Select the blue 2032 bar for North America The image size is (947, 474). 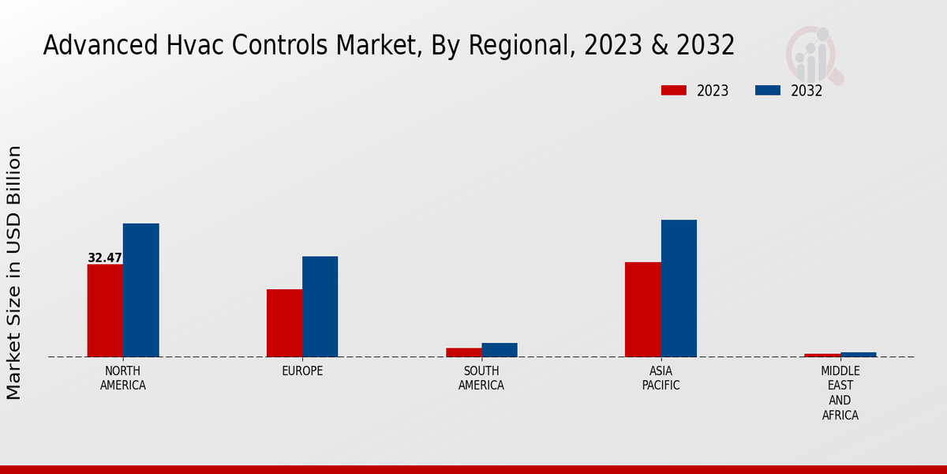click(140, 290)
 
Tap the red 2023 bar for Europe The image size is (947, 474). click(284, 323)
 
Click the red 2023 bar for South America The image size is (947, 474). click(463, 352)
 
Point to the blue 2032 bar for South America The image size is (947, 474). click(500, 350)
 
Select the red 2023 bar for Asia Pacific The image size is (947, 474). click(642, 310)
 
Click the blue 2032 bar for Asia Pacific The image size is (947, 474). click(679, 288)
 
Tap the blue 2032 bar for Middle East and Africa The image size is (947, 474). click(858, 355)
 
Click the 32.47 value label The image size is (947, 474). click(105, 258)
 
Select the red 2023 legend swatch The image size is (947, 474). click(673, 91)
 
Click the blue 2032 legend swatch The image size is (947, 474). click(767, 91)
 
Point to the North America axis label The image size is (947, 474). click(123, 378)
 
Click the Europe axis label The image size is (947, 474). click(302, 371)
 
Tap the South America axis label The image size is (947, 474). click(481, 378)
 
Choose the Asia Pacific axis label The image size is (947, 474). click(661, 378)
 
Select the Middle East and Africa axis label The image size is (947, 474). click(840, 393)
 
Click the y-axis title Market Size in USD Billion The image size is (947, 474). click(14, 273)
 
